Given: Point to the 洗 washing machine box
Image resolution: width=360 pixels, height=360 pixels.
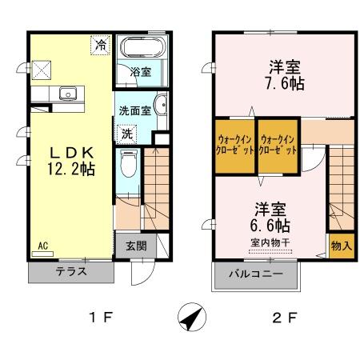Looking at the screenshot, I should coord(126,136).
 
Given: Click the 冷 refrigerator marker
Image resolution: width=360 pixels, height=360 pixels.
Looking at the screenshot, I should coord(99,45).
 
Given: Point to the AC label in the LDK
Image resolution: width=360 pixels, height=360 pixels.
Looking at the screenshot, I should coord(43,246).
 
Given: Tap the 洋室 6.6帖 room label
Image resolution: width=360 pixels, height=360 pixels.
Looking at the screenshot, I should coord(272,217).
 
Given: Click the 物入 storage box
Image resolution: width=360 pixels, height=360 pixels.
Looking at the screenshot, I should coord(342,244).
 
